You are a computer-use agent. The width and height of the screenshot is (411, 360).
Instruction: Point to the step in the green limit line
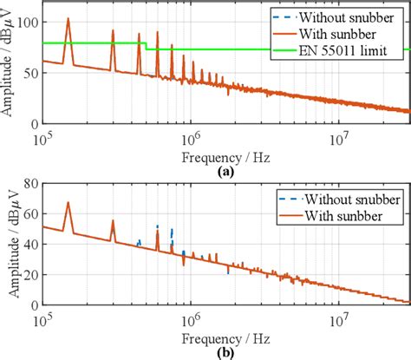146,46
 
